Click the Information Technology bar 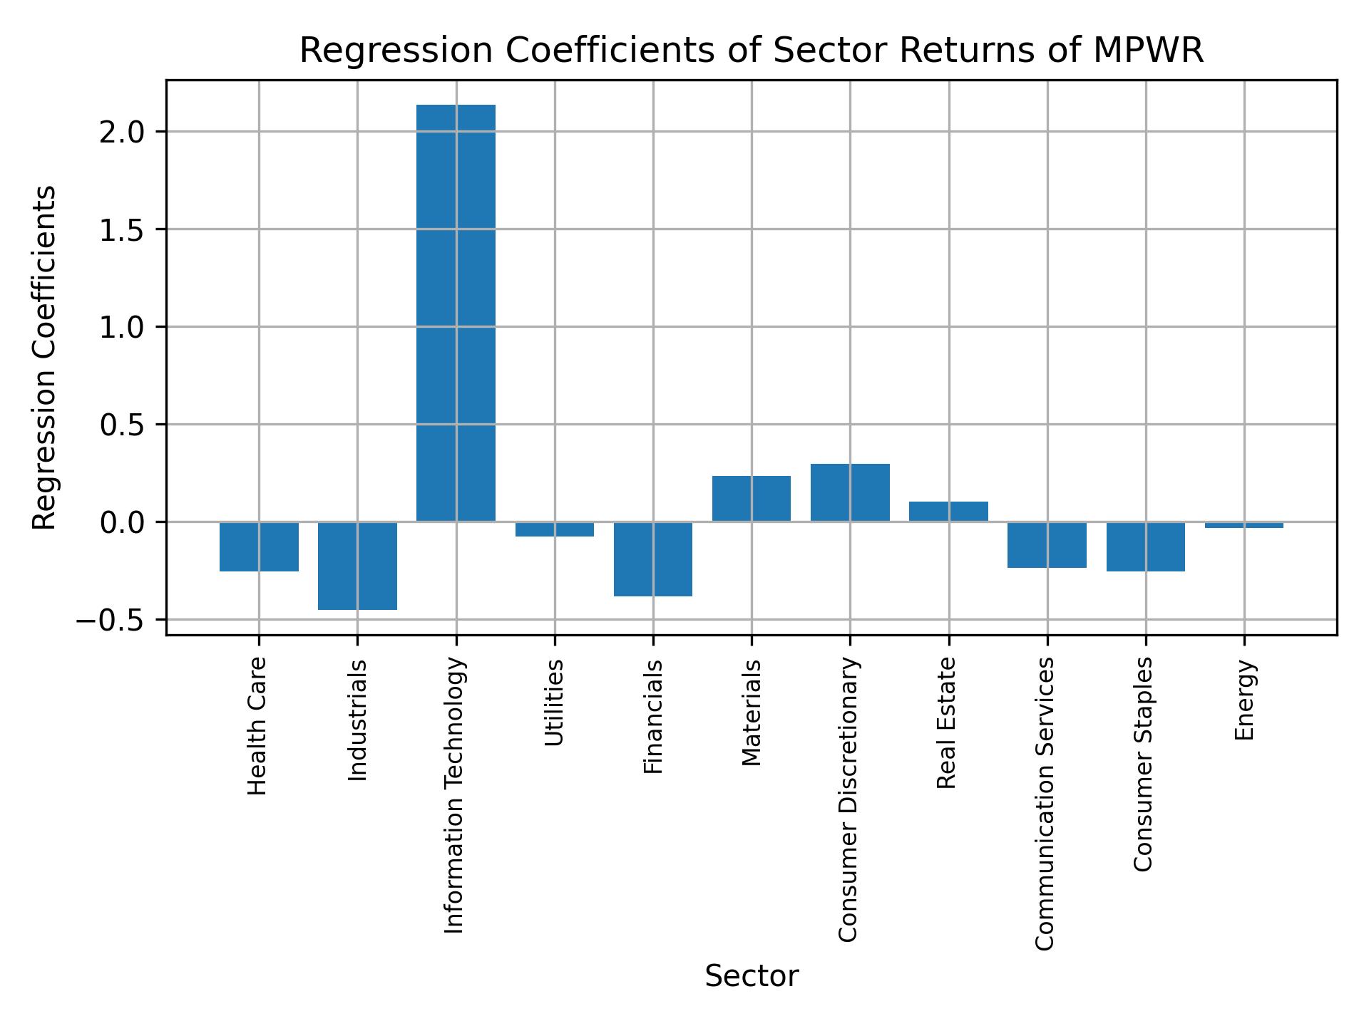[x=456, y=313]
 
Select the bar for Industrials [x=357, y=566]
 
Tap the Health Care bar [x=259, y=546]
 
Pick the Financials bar [x=653, y=559]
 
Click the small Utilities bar [x=555, y=529]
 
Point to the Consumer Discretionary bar [x=850, y=493]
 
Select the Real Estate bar [x=948, y=512]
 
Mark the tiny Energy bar [x=1244, y=525]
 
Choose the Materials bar [x=752, y=499]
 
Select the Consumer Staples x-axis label [x=1143, y=764]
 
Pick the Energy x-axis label [x=1244, y=700]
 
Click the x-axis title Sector [x=752, y=976]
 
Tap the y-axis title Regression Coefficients [x=45, y=358]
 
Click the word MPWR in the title [x=1148, y=51]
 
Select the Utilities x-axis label [x=555, y=703]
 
